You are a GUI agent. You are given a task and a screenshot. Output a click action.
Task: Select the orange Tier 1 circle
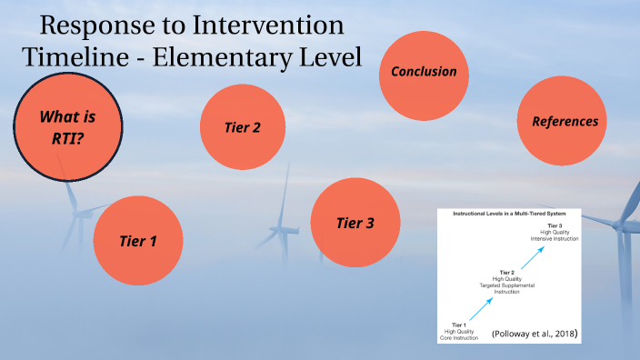click(x=138, y=241)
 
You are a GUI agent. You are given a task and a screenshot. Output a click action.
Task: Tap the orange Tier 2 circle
click(x=243, y=127)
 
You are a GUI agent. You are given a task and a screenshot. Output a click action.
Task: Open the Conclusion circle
click(x=423, y=72)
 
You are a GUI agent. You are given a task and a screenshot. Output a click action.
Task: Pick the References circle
click(x=565, y=121)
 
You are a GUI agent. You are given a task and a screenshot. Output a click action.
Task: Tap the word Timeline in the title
click(x=74, y=56)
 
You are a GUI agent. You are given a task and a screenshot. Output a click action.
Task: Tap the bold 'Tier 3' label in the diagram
click(x=554, y=225)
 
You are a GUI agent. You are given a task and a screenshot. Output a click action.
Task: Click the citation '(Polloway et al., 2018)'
click(x=535, y=334)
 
